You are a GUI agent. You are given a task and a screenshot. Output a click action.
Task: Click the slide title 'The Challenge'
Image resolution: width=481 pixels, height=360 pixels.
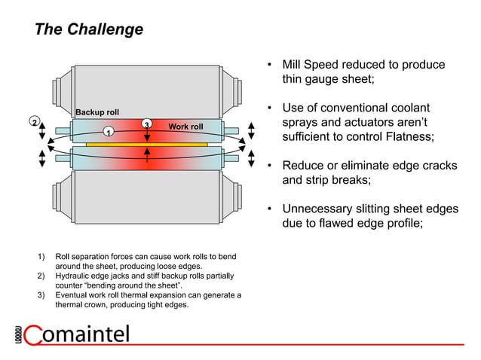tap(89, 30)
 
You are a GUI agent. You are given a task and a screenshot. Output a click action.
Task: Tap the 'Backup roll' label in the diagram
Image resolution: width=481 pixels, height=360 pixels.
tap(97, 112)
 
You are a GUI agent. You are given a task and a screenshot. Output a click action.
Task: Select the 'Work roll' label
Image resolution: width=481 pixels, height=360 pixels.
tap(185, 127)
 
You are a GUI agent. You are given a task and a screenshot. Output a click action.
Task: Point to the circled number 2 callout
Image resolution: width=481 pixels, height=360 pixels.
tap(34, 121)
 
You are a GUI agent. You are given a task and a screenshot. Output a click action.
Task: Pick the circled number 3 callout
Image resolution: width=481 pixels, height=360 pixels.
tap(147, 124)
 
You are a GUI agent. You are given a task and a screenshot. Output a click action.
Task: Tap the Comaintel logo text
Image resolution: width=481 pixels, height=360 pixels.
tap(83, 334)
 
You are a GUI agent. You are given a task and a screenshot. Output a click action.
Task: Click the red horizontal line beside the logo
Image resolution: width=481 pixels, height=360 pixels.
tap(302, 344)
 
